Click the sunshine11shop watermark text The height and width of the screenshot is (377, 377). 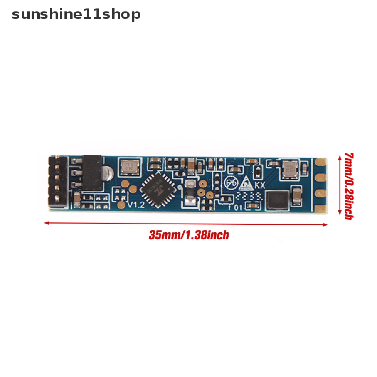pyautogui.click(x=76, y=14)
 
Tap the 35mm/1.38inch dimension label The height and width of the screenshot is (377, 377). pyautogui.click(x=188, y=235)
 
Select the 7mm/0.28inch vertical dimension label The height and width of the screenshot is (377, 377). pyautogui.click(x=348, y=186)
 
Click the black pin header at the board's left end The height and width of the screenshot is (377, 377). pyautogui.click(x=58, y=181)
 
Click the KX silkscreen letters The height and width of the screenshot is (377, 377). pyautogui.click(x=260, y=185)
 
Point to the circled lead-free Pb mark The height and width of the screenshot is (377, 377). pyautogui.click(x=231, y=183)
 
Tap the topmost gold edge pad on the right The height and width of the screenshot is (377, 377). pyautogui.click(x=321, y=161)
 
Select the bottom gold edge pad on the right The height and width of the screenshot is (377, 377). pyautogui.click(x=321, y=209)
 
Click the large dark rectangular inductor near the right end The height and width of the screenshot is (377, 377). pyautogui.click(x=277, y=200)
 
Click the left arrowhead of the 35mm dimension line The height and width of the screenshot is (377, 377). pyautogui.click(x=46, y=223)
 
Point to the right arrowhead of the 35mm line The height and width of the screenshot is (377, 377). pyautogui.click(x=326, y=225)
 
